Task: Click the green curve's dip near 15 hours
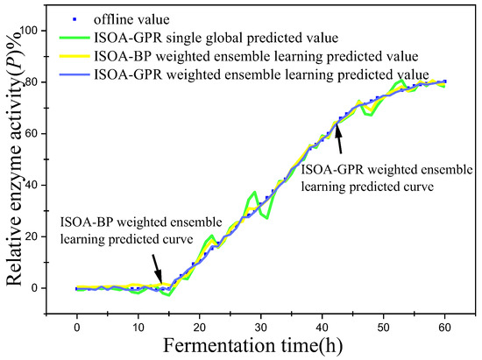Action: click(169, 296)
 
